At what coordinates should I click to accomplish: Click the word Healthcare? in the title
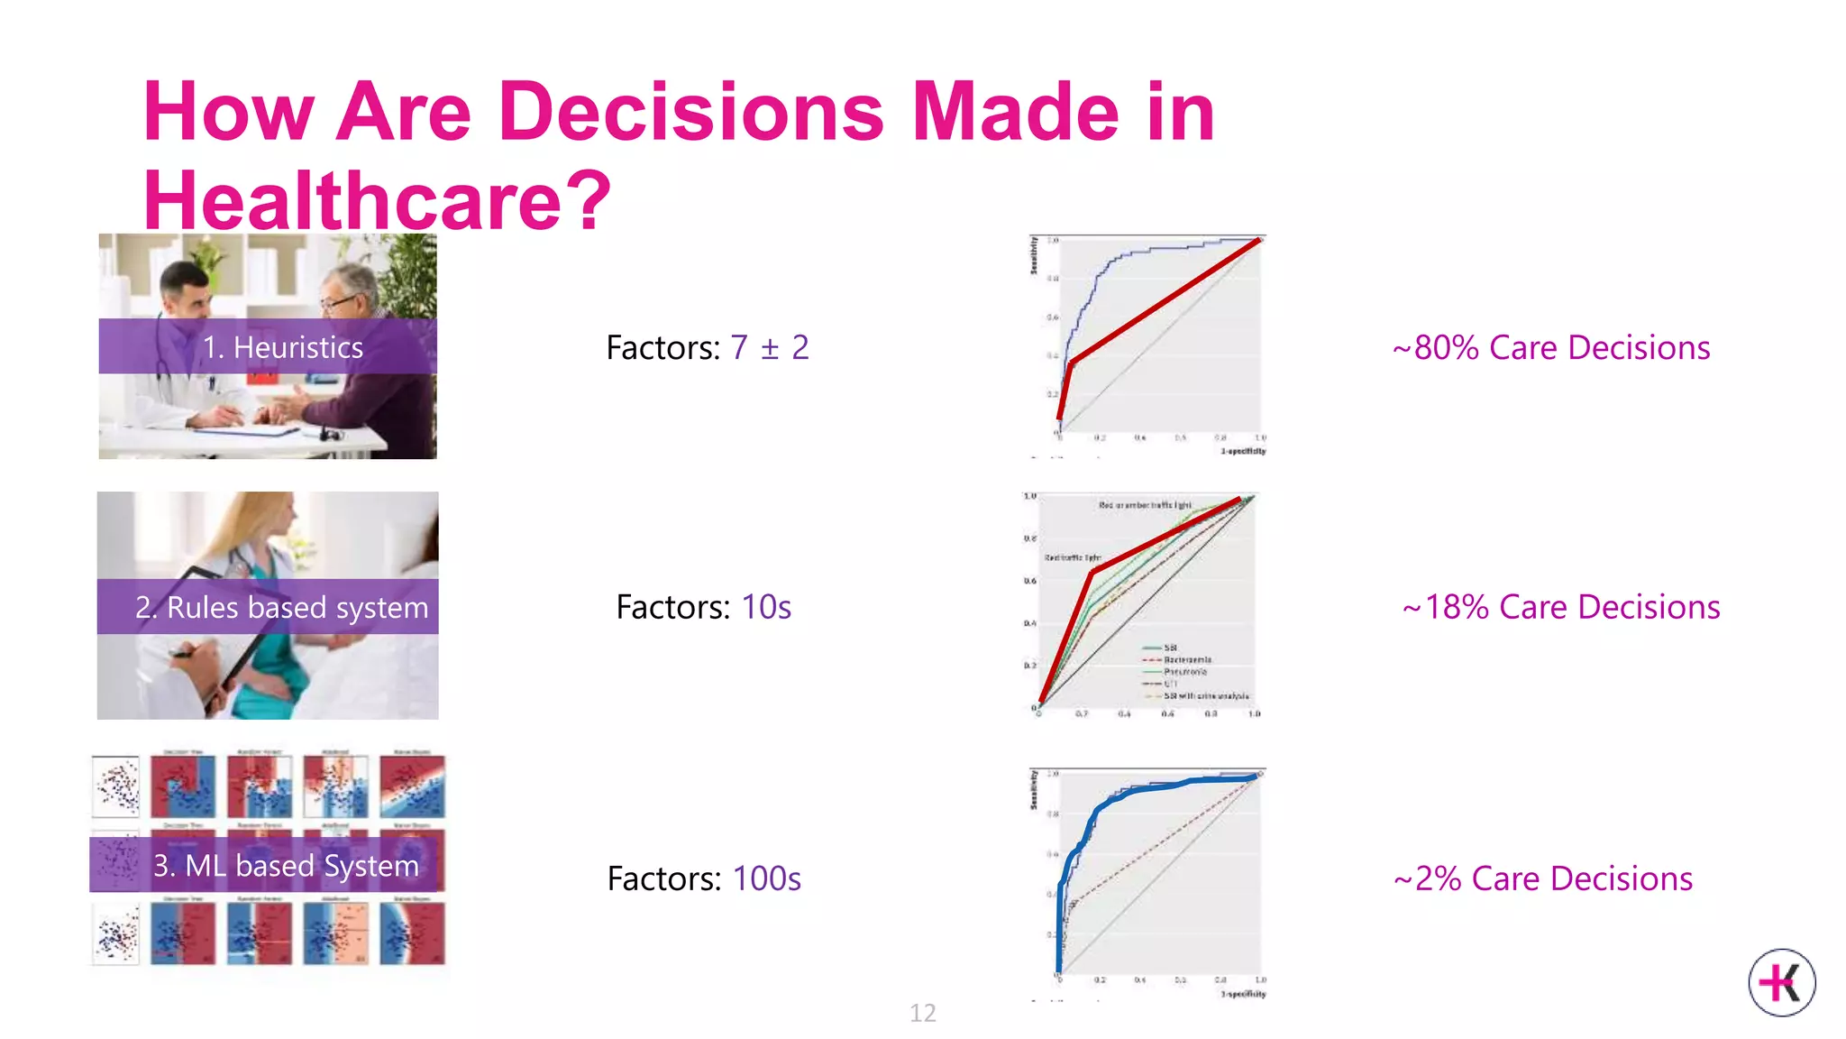click(x=377, y=200)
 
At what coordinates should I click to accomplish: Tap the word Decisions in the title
click(x=690, y=112)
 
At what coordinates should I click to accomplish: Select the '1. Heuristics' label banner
click(x=268, y=346)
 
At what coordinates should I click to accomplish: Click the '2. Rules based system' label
click(x=269, y=607)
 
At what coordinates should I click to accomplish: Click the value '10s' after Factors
click(x=765, y=607)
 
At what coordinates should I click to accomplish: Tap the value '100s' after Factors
click(x=766, y=878)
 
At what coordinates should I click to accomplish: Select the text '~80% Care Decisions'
click(x=1550, y=347)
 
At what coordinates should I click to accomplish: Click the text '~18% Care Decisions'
click(x=1561, y=607)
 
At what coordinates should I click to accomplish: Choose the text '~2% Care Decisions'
click(x=1543, y=878)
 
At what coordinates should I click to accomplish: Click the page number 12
click(x=922, y=1013)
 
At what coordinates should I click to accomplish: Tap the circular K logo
click(x=1781, y=982)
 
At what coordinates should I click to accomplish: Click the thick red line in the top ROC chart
click(x=1163, y=302)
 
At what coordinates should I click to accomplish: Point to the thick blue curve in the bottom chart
click(x=1136, y=791)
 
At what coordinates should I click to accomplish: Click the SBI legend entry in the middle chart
click(x=1169, y=648)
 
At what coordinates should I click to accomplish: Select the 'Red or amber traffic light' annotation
click(x=1144, y=505)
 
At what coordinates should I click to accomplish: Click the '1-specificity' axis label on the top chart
click(x=1243, y=451)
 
